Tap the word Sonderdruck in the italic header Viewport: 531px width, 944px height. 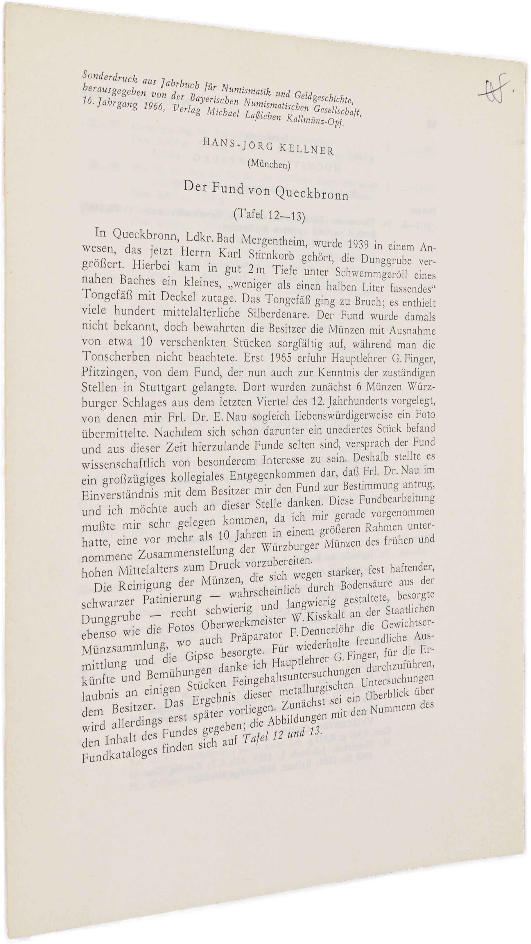click(110, 78)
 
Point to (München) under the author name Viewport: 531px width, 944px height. click(269, 164)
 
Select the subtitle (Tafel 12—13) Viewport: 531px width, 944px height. click(269, 214)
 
